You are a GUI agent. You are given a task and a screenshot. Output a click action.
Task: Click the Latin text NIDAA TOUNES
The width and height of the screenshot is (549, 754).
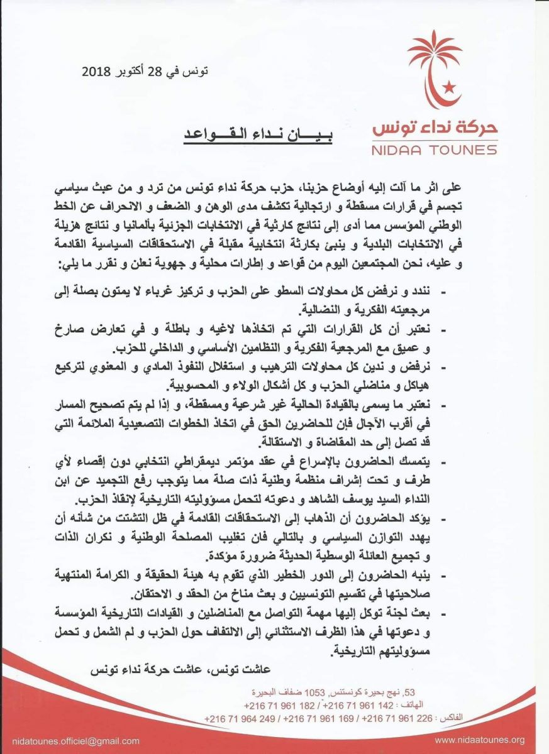pyautogui.click(x=434, y=150)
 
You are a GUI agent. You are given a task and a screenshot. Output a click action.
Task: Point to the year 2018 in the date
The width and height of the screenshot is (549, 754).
pyautogui.click(x=96, y=71)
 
